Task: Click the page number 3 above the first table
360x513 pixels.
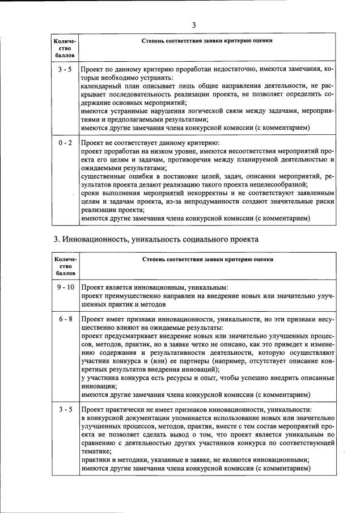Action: (x=193, y=25)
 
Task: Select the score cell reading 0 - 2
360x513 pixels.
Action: (x=65, y=143)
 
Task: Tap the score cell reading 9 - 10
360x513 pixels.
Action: (x=65, y=287)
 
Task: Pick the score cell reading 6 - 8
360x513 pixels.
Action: (x=65, y=319)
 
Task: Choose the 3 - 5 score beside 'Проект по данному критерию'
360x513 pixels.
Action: (x=65, y=69)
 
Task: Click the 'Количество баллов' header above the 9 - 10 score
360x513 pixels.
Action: (x=65, y=265)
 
